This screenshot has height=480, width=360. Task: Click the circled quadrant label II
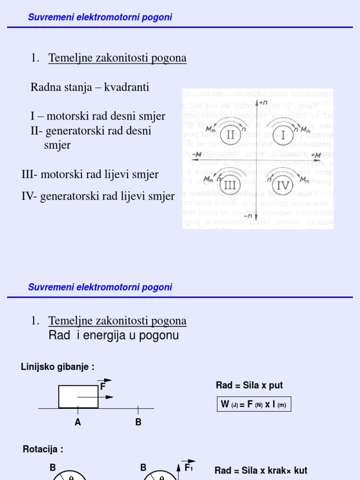231,135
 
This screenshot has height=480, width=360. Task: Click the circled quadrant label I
283,135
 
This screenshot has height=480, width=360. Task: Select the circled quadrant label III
230,185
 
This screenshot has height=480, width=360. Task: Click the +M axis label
316,155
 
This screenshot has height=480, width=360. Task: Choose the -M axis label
197,154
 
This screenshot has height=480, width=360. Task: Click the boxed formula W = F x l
254,404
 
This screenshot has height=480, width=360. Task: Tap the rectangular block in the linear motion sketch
78,397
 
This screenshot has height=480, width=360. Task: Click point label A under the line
78,422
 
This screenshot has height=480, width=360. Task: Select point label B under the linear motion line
138,422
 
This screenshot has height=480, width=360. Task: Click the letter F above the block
103,387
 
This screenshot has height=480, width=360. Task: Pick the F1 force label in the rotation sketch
188,467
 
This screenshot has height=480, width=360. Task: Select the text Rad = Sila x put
249,385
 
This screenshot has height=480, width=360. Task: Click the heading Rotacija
43,450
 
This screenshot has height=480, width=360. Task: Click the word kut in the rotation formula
299,470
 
